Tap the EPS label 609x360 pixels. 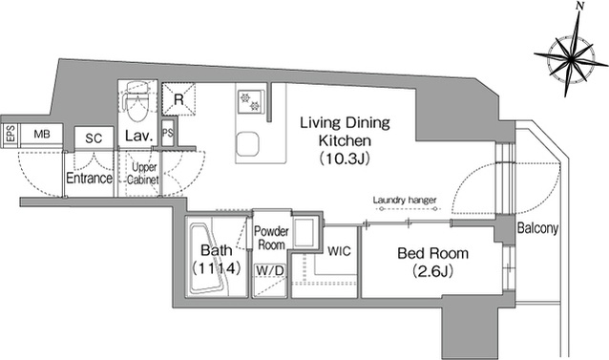coord(10,134)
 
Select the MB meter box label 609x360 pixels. coord(42,134)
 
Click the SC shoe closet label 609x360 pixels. coord(94,138)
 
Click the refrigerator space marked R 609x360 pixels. coord(178,99)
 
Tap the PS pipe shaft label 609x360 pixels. coord(168,133)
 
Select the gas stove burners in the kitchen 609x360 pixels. coord(250,101)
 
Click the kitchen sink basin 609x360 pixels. coord(248,143)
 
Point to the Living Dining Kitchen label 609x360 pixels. coord(345,131)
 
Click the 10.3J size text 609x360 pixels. coord(345,159)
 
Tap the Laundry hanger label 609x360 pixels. coord(405,201)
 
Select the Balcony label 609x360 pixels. coord(537,228)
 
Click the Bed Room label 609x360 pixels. coord(432,254)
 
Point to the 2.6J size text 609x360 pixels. coord(432,271)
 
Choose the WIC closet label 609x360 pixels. coord(339,251)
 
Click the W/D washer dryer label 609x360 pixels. coord(270,270)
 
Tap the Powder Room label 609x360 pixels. coord(271,238)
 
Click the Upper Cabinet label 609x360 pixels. coord(143,173)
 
